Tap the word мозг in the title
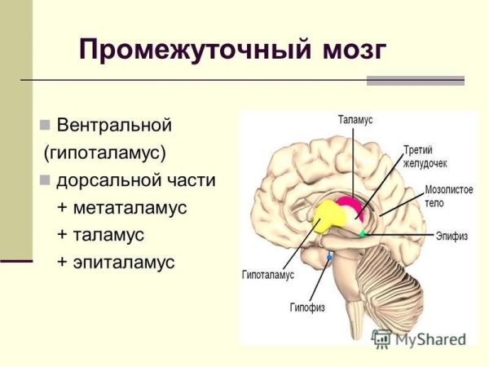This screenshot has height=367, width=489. [x=348, y=50]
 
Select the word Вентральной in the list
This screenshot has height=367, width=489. [x=114, y=126]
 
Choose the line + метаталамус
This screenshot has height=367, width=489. [x=121, y=208]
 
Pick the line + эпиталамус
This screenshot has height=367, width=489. [x=116, y=262]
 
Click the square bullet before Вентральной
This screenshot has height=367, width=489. [x=45, y=126]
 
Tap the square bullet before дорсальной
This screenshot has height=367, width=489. [x=45, y=180]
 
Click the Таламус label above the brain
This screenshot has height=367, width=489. [x=355, y=120]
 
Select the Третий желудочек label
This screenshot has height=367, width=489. [x=421, y=155]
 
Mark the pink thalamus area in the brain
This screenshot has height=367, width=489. [x=350, y=205]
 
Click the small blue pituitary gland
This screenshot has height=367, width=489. [x=329, y=258]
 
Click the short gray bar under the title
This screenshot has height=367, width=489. [x=415, y=81]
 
